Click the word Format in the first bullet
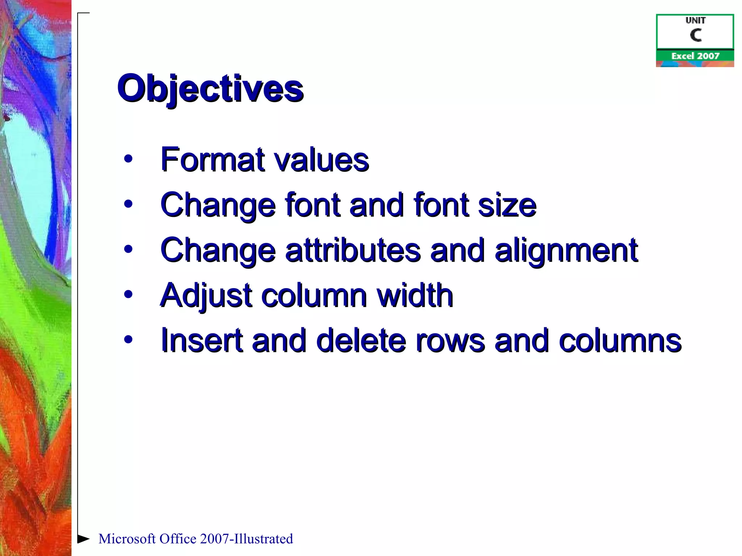click(x=213, y=159)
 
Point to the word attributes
click(x=353, y=250)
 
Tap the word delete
click(x=361, y=340)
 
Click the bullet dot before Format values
click(x=128, y=159)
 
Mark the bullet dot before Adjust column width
click(x=128, y=294)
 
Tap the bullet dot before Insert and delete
click(x=128, y=339)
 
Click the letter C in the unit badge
click(x=696, y=35)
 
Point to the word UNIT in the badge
click(x=695, y=20)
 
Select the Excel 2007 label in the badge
click(x=695, y=56)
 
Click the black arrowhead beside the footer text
click(x=83, y=538)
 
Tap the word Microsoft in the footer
click(x=127, y=539)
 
